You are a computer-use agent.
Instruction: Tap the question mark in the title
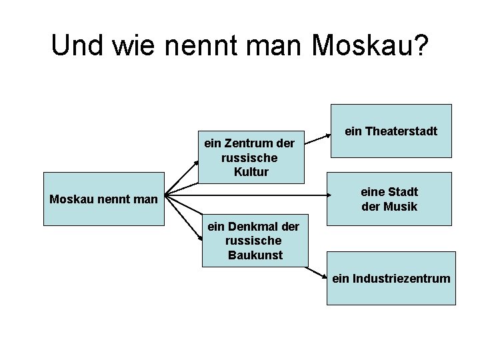tap(421, 45)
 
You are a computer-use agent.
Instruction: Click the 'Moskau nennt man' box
tap(103, 199)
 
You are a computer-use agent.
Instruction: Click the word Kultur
tap(251, 172)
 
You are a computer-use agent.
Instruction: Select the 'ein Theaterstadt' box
tap(391, 131)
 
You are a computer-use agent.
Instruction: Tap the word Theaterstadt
tap(401, 131)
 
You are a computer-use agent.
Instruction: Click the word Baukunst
tap(255, 255)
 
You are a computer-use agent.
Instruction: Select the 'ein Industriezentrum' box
tap(391, 278)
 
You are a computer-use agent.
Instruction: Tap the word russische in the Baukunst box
tap(255, 241)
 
